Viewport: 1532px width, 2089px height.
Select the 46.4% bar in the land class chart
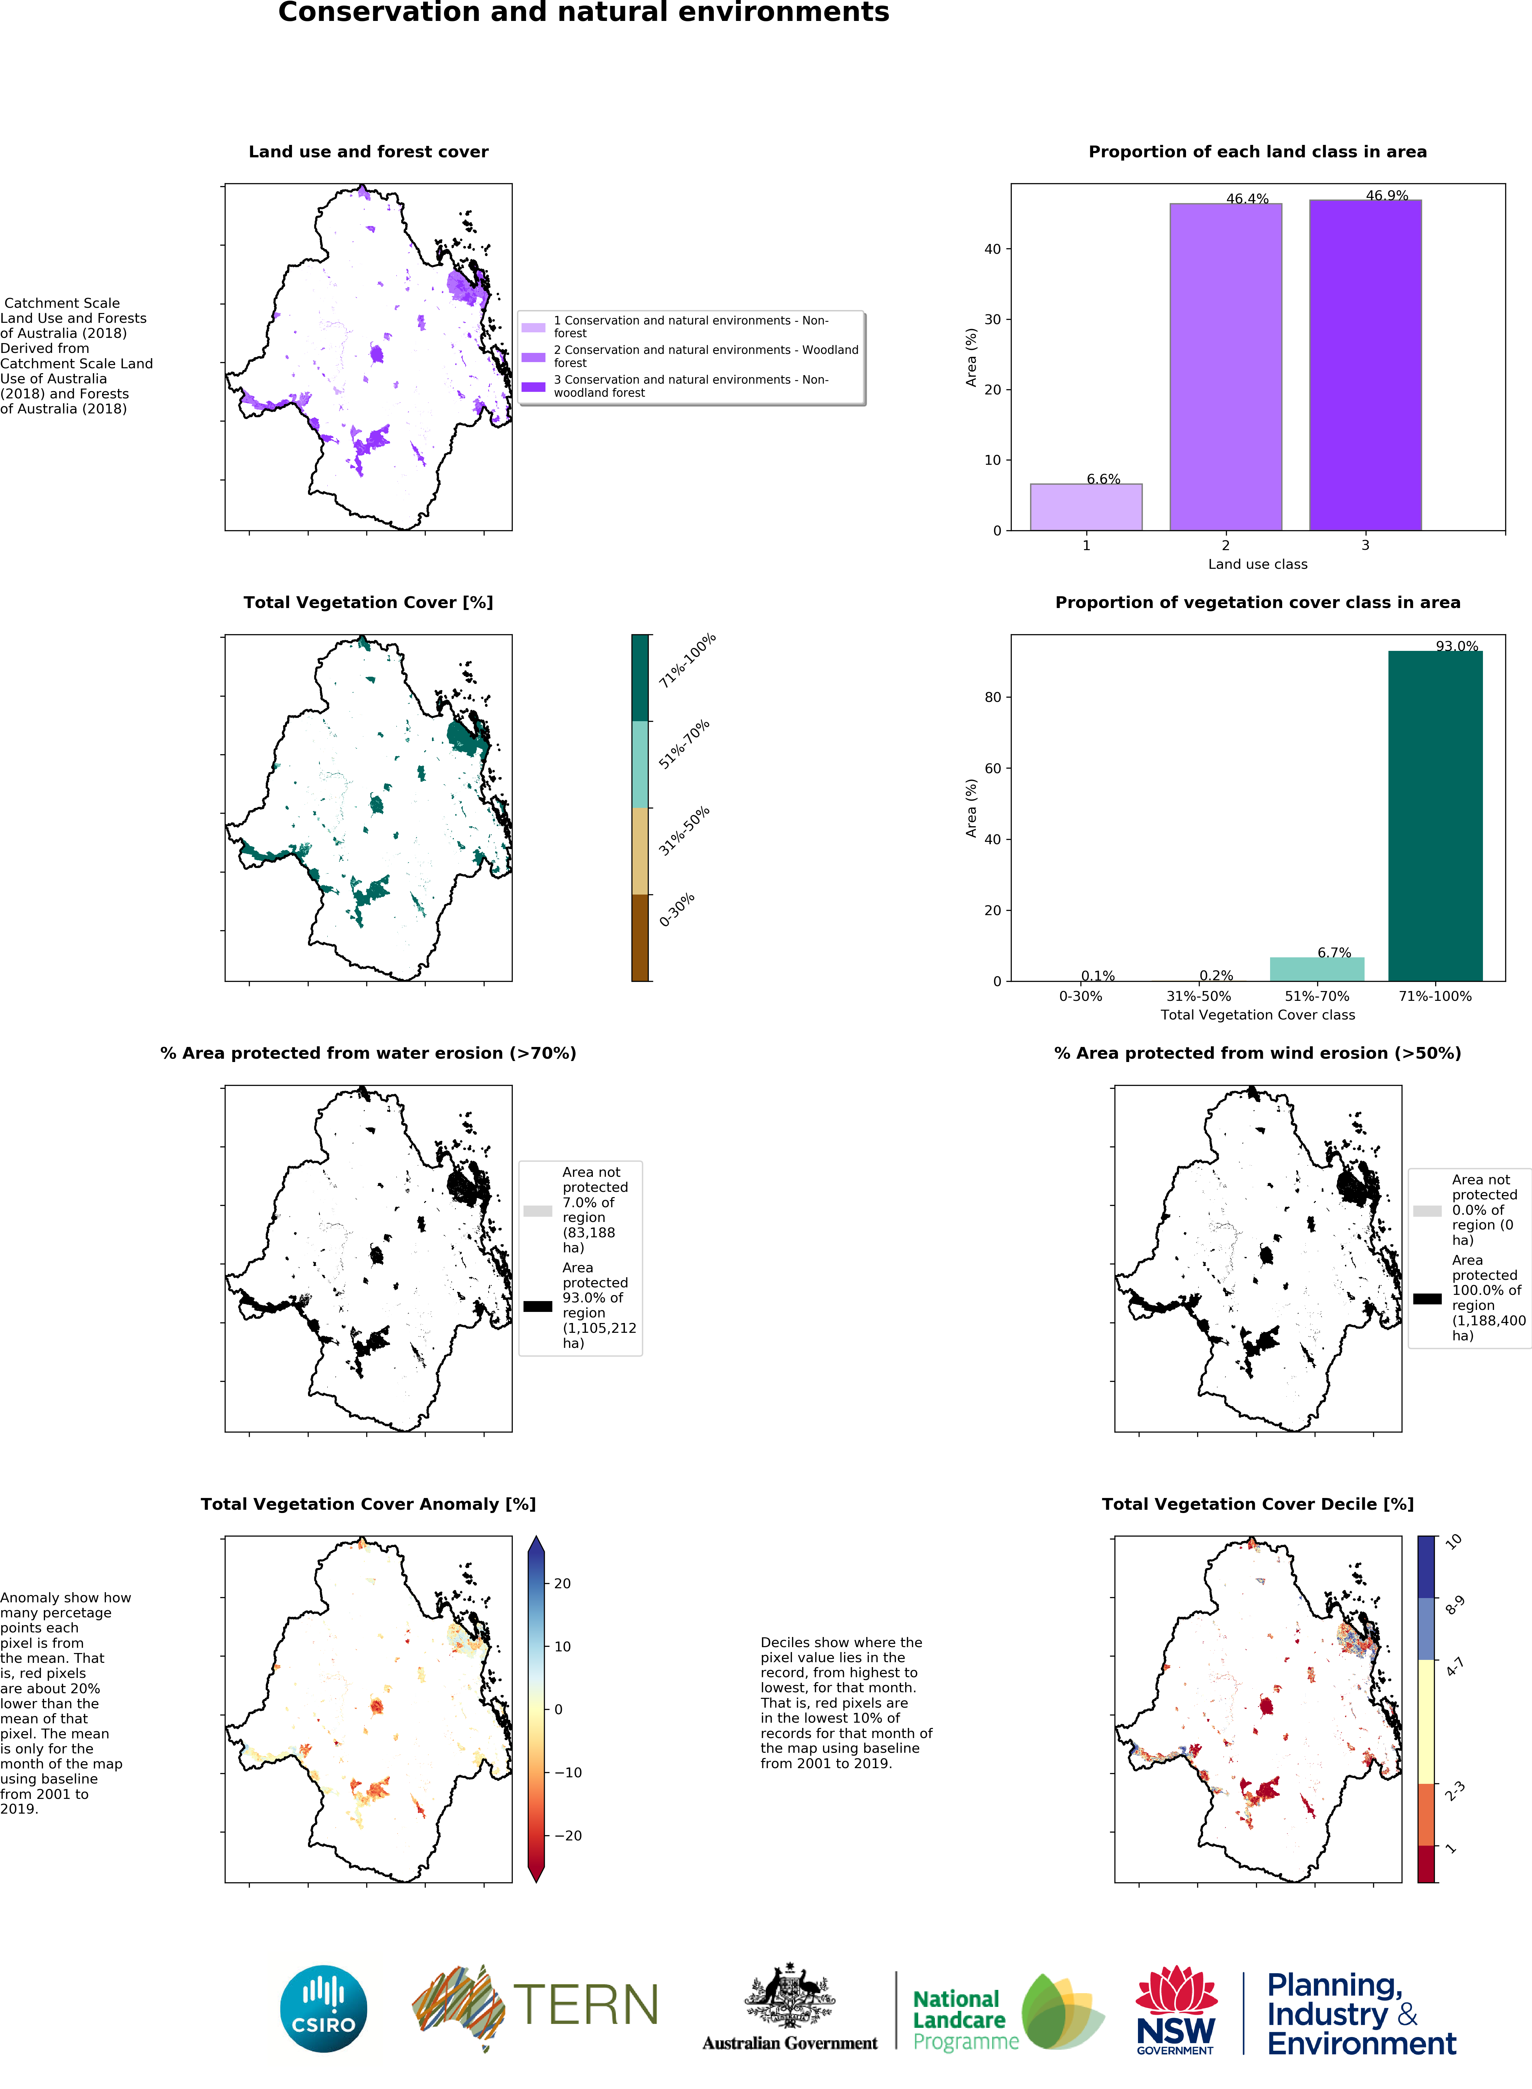(x=1225, y=366)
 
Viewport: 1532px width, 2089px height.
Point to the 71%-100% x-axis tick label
(x=1435, y=996)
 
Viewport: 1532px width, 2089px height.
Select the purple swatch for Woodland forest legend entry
(x=533, y=357)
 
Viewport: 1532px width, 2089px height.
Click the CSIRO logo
(x=324, y=2008)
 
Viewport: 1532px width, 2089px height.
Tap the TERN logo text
(x=585, y=2006)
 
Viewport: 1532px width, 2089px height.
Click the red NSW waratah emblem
(x=1176, y=1990)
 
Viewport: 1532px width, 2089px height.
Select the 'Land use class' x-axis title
(x=1258, y=564)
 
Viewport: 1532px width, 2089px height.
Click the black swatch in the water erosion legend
(x=538, y=1306)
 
